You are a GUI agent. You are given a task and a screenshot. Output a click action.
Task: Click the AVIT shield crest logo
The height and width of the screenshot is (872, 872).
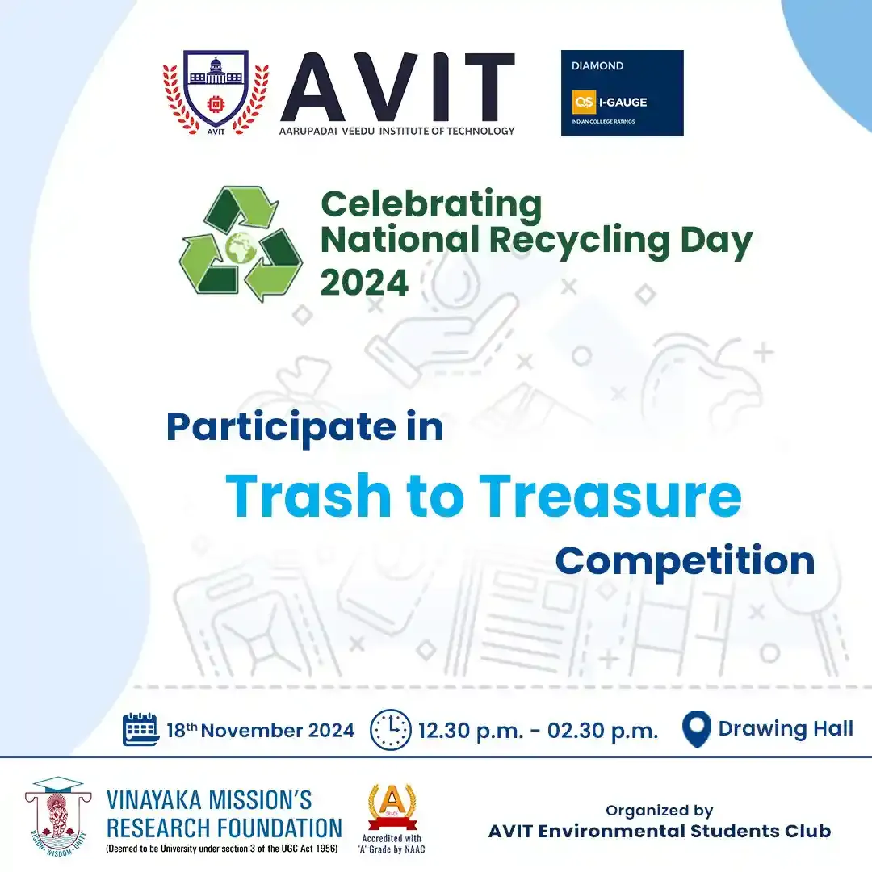pyautogui.click(x=216, y=92)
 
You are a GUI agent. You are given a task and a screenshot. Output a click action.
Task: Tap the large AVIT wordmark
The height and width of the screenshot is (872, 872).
pyautogui.click(x=397, y=87)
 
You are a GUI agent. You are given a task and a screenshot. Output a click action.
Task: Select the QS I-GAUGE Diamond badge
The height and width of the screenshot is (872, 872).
pyautogui.click(x=622, y=93)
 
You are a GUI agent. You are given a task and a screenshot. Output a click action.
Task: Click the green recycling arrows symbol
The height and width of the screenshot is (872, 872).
pyautogui.click(x=241, y=243)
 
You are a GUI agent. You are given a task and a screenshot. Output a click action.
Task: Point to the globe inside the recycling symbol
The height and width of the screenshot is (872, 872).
pyautogui.click(x=241, y=248)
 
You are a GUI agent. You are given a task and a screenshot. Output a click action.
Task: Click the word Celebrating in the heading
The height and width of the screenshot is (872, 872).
pyautogui.click(x=431, y=205)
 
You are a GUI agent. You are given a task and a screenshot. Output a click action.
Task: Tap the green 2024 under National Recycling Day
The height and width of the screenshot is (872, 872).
pyautogui.click(x=364, y=283)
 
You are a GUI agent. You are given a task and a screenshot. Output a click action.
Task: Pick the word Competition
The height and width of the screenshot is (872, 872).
pyautogui.click(x=685, y=562)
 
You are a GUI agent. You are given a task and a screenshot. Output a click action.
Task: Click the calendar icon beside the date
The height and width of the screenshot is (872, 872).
pyautogui.click(x=140, y=728)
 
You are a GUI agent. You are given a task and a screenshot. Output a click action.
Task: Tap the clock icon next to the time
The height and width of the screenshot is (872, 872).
pyautogui.click(x=391, y=729)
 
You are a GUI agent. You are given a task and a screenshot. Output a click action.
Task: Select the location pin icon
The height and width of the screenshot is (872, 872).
pyautogui.click(x=696, y=728)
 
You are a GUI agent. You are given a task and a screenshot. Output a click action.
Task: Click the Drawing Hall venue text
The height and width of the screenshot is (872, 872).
pyautogui.click(x=786, y=728)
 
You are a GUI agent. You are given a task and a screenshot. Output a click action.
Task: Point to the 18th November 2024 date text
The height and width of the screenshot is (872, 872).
pyautogui.click(x=260, y=730)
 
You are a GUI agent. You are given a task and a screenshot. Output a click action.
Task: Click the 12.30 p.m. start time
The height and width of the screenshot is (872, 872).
pyautogui.click(x=471, y=731)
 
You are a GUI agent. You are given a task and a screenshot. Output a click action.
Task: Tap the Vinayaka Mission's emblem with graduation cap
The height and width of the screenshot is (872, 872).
pyautogui.click(x=57, y=815)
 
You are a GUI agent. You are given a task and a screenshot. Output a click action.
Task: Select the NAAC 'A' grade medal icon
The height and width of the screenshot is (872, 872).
pyautogui.click(x=392, y=807)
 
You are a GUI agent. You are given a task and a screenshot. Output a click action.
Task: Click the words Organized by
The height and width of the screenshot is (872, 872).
pyautogui.click(x=659, y=811)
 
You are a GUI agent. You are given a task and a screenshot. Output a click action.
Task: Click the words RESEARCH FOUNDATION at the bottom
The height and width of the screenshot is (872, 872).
pyautogui.click(x=224, y=828)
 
